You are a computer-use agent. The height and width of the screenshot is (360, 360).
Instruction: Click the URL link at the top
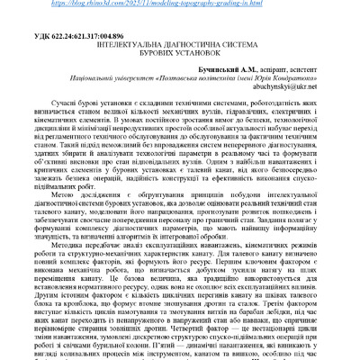tap(180, 4)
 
